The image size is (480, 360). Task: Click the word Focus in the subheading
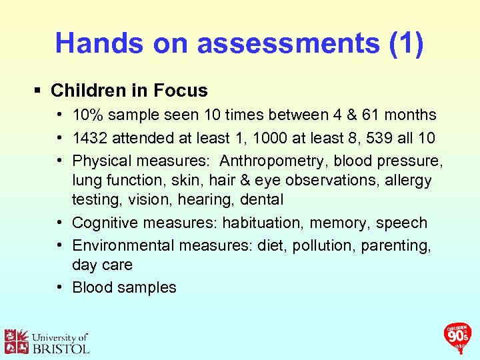click(x=181, y=91)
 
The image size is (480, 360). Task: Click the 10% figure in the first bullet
click(x=87, y=115)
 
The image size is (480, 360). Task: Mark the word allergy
click(x=407, y=180)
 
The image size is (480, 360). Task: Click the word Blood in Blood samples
click(x=92, y=287)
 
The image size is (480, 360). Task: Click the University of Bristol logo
click(x=47, y=341)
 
